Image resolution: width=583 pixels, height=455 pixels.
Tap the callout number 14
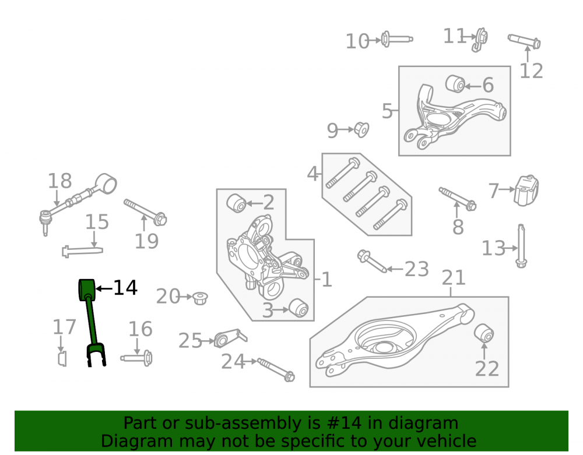tap(125, 288)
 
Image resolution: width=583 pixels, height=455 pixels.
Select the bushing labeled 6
tap(455, 83)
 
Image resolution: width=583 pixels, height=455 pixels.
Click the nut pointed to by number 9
tap(361, 129)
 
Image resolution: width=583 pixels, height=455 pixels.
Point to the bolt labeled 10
tap(396, 39)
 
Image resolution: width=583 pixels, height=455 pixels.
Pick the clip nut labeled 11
tap(480, 40)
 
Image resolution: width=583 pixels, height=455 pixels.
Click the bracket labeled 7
tap(526, 191)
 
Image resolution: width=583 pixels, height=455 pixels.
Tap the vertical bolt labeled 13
tap(521, 246)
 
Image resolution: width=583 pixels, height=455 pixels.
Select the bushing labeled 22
tap(484, 333)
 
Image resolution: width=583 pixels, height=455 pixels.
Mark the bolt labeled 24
tap(276, 370)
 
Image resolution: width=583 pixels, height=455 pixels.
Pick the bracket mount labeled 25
tap(230, 338)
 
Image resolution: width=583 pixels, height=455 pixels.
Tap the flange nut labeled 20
tap(201, 298)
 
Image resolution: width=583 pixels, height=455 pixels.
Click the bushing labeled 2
tap(236, 203)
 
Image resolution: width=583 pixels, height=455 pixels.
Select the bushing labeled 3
tap(298, 308)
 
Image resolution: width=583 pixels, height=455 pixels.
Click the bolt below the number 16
tap(136, 358)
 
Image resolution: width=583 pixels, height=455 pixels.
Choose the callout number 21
tap(454, 277)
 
